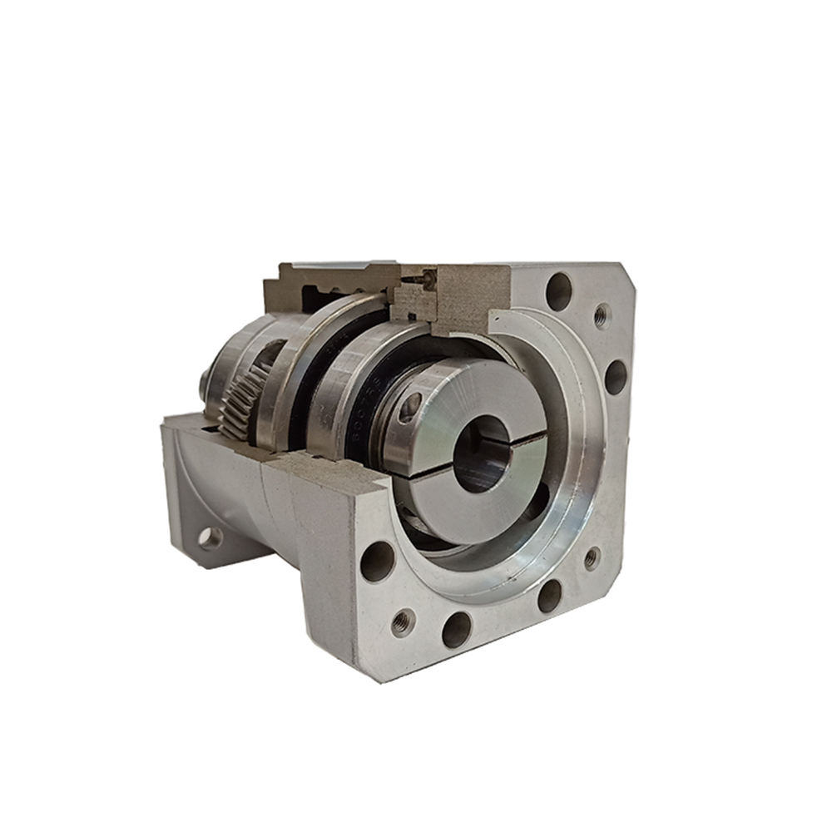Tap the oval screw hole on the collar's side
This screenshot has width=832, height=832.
410,407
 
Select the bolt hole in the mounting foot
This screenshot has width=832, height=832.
210,538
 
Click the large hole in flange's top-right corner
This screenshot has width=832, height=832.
559,291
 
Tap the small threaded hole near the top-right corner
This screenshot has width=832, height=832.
602,315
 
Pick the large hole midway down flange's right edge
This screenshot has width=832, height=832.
616,377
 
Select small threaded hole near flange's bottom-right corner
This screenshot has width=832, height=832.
592,558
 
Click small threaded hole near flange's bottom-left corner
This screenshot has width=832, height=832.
404,621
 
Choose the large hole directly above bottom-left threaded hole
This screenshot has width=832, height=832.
377,561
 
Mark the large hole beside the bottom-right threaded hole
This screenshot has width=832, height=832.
549,595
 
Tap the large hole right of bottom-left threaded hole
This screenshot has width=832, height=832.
457,629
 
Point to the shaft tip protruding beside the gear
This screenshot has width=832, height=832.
203,382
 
